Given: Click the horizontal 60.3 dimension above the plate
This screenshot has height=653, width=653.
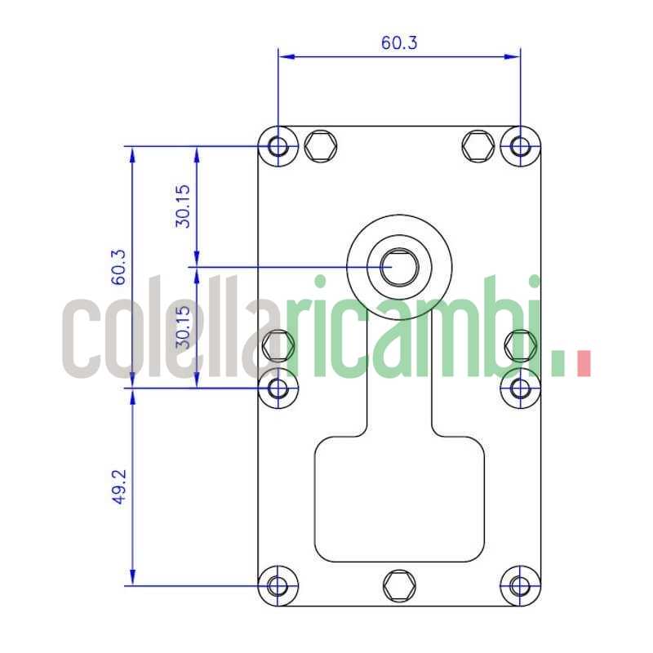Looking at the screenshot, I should (399, 42).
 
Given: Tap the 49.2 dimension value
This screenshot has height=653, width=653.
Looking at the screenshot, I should (119, 487).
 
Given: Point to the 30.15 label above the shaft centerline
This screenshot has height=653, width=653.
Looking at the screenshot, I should (183, 207).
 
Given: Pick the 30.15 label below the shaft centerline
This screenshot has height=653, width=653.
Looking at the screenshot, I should (183, 326).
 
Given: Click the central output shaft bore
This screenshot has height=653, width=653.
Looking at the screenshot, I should (399, 267).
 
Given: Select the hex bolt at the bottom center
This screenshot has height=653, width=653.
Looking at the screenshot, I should (398, 584).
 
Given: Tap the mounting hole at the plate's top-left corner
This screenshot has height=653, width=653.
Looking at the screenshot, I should (278, 147).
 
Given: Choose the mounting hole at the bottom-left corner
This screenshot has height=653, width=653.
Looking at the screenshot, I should (278, 585).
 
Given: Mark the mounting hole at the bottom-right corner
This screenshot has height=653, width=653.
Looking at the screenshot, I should (520, 585).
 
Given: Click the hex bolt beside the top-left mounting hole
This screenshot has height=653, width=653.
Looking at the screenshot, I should (320, 147).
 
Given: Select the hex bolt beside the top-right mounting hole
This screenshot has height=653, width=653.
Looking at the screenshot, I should (478, 147).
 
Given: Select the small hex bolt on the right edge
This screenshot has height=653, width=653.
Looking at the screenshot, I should (518, 344).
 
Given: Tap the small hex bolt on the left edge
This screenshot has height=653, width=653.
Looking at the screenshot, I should (278, 344).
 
